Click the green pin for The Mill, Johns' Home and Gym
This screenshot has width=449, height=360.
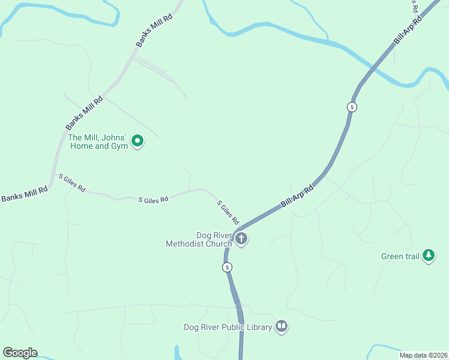(137, 142)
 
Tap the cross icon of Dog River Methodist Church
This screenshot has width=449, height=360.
(241, 239)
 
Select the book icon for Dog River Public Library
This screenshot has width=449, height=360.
(282, 326)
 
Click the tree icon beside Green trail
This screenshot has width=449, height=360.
(429, 256)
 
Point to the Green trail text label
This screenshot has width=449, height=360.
(400, 257)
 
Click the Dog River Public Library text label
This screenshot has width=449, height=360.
(228, 327)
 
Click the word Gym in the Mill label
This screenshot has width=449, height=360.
(119, 146)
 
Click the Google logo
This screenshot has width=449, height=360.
(20, 353)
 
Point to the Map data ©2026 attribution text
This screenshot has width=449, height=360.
(423, 355)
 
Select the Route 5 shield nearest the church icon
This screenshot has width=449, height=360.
(227, 267)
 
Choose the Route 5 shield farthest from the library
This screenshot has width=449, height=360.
(352, 107)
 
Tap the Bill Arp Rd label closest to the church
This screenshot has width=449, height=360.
(297, 197)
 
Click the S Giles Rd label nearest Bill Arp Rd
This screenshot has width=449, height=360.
(228, 212)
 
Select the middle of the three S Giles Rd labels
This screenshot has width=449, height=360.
(153, 200)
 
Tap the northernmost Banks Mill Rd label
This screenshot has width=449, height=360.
(154, 30)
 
